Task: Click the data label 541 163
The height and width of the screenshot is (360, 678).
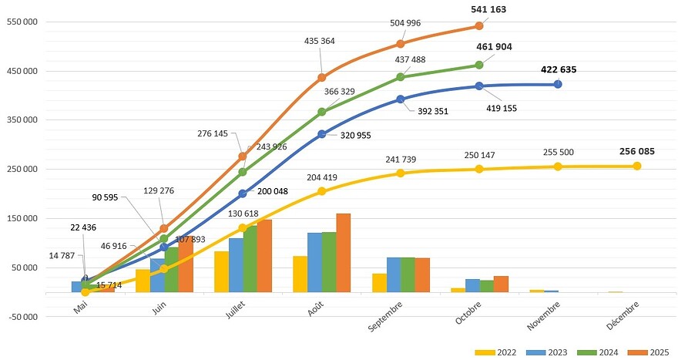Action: [x=488, y=10]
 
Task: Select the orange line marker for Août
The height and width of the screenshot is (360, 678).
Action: [x=322, y=78]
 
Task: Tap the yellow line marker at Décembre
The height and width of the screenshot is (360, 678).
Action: [x=637, y=167]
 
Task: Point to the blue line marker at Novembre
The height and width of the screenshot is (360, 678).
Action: [x=558, y=84]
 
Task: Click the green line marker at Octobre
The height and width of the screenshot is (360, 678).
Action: [x=479, y=66]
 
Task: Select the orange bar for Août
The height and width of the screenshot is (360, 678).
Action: [x=344, y=253]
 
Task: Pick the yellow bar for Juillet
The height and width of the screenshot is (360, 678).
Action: [x=221, y=271]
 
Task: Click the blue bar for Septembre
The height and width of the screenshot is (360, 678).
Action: [x=394, y=274]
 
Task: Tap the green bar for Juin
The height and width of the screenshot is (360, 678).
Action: [x=171, y=269]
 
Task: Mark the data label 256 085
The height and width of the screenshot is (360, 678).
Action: [x=636, y=151]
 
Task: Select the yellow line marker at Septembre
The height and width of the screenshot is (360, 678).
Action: [x=401, y=173]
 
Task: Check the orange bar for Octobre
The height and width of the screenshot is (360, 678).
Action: [x=501, y=284]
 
